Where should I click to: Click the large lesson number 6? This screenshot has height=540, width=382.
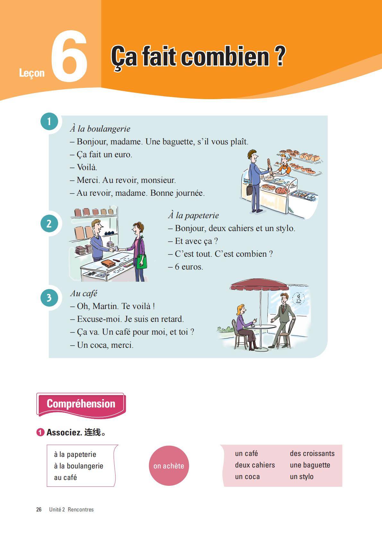(69, 56)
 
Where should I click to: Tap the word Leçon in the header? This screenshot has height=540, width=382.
(32, 73)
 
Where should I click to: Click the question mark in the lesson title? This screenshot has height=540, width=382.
(280, 56)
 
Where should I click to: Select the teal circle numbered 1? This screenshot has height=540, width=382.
(49, 122)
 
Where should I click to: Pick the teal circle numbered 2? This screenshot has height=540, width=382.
(49, 223)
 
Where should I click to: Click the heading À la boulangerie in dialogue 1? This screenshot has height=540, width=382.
(100, 129)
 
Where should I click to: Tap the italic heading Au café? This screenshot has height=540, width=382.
(84, 293)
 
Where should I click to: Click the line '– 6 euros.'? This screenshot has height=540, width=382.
(186, 267)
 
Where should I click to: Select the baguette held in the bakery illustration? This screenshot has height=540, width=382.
(269, 166)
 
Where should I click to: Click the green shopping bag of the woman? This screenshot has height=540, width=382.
(142, 262)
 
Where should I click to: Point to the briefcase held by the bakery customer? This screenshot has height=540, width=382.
(249, 190)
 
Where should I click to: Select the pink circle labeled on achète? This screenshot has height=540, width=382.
(169, 466)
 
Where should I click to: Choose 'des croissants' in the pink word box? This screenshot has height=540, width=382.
(312, 453)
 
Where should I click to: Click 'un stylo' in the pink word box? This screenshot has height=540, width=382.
(302, 476)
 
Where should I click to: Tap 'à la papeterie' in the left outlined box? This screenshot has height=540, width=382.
(75, 454)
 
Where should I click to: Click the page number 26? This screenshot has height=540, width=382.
(39, 510)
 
